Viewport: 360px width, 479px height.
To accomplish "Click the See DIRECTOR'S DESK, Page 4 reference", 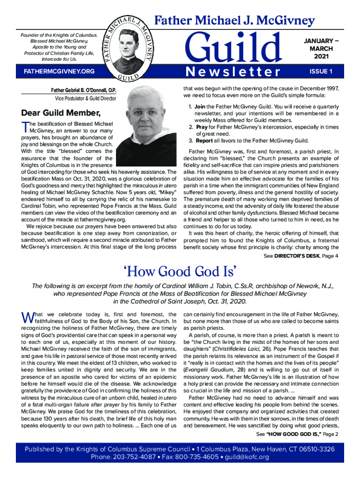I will click(x=301, y=256).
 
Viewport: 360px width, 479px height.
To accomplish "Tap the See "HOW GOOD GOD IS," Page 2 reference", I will click(x=297, y=435).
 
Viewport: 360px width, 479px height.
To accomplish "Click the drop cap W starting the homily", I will click(x=26, y=317).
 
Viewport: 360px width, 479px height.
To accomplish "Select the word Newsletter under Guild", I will click(x=232, y=72).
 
